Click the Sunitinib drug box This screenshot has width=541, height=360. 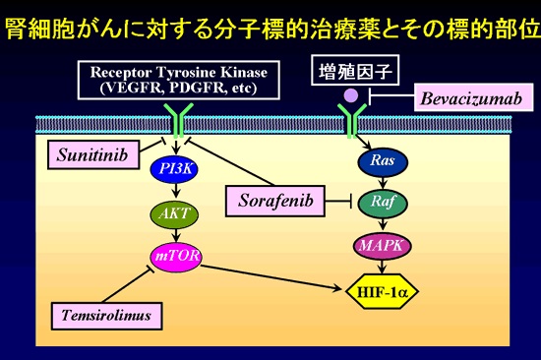86,153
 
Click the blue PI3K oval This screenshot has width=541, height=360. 173,171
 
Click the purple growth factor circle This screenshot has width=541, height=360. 349,96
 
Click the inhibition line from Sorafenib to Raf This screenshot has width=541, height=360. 336,201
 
